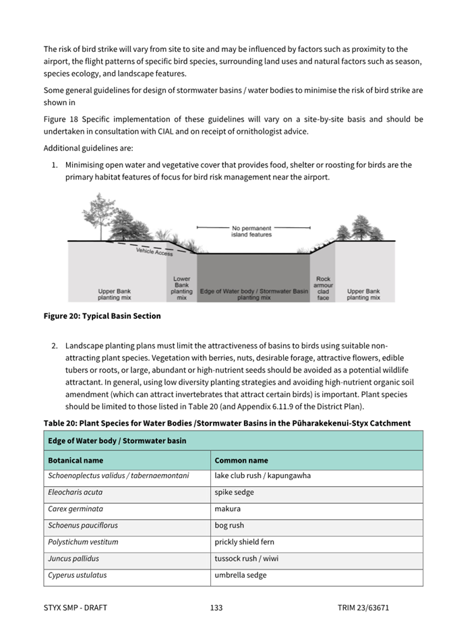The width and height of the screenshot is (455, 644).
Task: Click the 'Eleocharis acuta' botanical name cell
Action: pyautogui.click(x=75, y=492)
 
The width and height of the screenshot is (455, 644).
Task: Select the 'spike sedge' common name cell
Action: pyautogui.click(x=234, y=492)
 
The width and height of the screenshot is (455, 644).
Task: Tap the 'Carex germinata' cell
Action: pyautogui.click(x=75, y=509)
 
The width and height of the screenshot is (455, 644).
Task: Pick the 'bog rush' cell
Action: pyautogui.click(x=229, y=525)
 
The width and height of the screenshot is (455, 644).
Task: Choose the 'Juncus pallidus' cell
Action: pyautogui.click(x=73, y=558)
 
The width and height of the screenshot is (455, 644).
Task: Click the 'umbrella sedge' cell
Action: pyautogui.click(x=240, y=575)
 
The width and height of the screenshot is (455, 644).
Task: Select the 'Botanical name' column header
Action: pyautogui.click(x=75, y=461)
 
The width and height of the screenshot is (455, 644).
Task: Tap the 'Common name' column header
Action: pyautogui.click(x=241, y=461)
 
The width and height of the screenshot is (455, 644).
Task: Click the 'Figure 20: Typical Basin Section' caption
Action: pyautogui.click(x=102, y=316)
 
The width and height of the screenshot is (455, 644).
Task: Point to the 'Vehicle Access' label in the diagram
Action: pyautogui.click(x=154, y=252)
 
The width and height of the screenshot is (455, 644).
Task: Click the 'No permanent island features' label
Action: pyautogui.click(x=251, y=231)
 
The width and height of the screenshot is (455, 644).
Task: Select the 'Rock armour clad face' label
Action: pyautogui.click(x=324, y=288)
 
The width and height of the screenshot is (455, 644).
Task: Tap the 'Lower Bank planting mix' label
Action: pyautogui.click(x=182, y=288)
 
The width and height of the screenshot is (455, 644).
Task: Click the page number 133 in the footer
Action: pyautogui.click(x=216, y=608)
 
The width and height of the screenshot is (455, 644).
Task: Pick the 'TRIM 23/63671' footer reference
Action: pyautogui.click(x=363, y=608)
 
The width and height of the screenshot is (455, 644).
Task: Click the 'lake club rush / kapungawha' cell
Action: pyautogui.click(x=262, y=476)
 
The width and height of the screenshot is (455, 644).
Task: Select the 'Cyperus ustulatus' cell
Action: pyautogui.click(x=77, y=575)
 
